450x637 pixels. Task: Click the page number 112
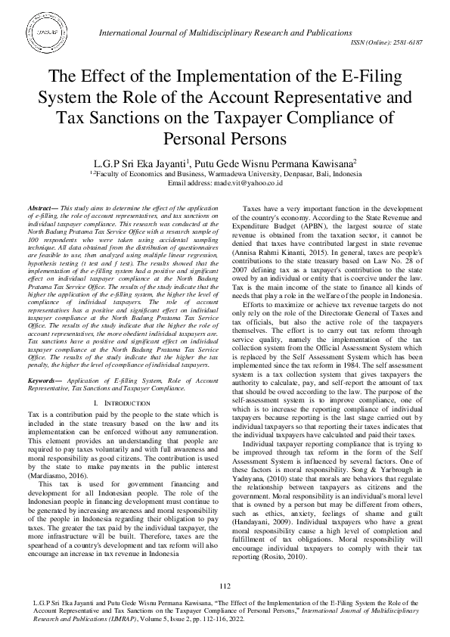pyautogui.click(x=225, y=587)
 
